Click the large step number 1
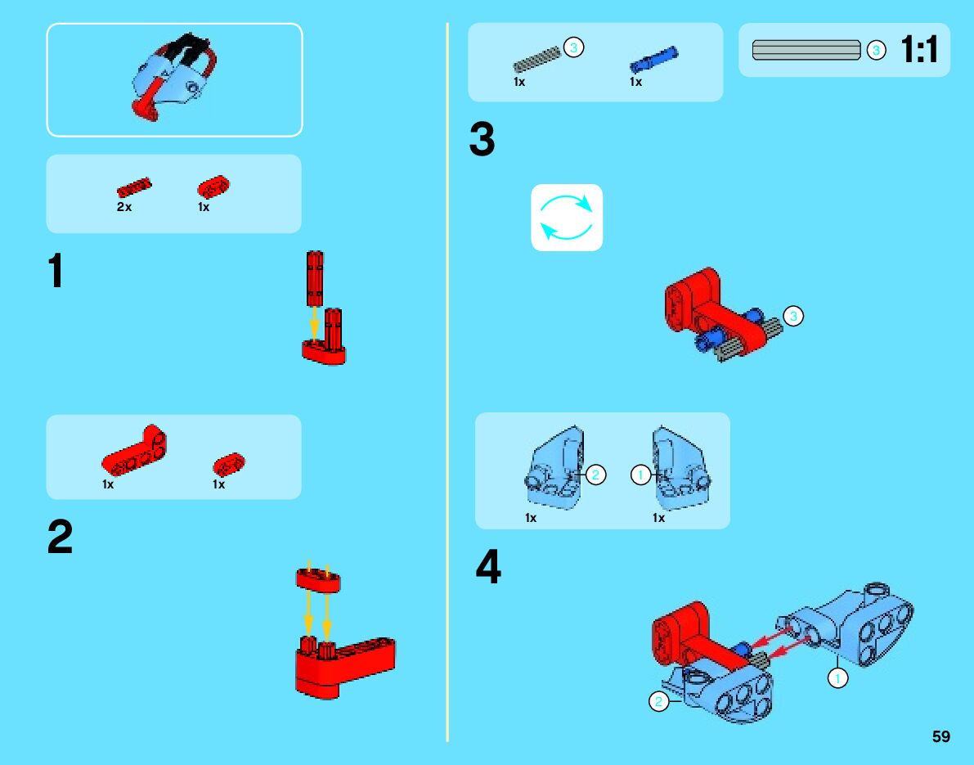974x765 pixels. tap(56, 272)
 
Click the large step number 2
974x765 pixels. tap(60, 538)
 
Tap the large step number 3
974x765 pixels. tap(483, 140)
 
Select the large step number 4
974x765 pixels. tap(488, 567)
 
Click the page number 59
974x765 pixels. tap(941, 736)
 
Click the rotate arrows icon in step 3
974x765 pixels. tap(567, 217)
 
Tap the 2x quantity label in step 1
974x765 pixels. tap(124, 207)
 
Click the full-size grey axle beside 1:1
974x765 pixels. tap(806, 50)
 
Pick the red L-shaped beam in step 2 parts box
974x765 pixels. tap(134, 452)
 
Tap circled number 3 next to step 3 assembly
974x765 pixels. tap(793, 316)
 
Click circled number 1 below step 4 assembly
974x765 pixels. tap(837, 677)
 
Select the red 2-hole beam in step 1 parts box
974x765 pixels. tap(213, 187)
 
